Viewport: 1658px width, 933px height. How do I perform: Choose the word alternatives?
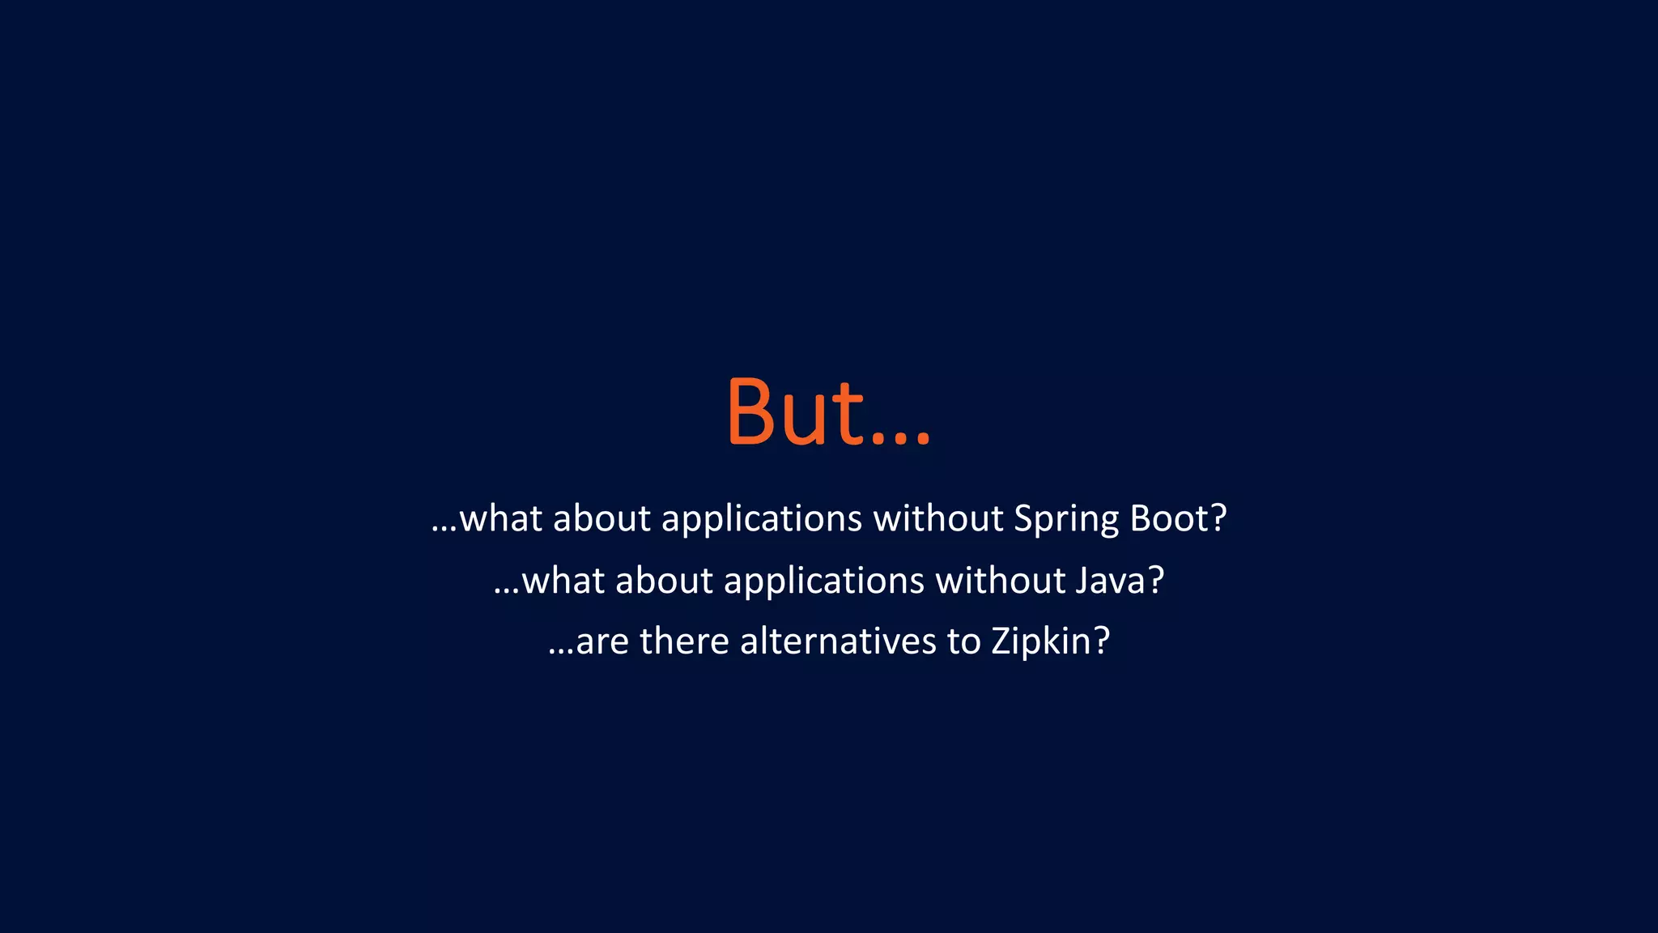coord(838,641)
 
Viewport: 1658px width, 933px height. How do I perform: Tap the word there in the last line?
coord(684,641)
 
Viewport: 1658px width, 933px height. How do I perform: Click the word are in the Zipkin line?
coord(602,642)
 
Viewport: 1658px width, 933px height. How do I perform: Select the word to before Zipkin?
coord(964,642)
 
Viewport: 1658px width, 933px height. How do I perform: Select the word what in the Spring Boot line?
coord(500,518)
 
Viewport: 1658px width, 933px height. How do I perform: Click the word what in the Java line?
coord(563,581)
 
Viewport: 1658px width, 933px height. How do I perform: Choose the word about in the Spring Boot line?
coord(602,518)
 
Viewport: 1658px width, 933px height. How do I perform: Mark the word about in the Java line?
coord(664,581)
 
